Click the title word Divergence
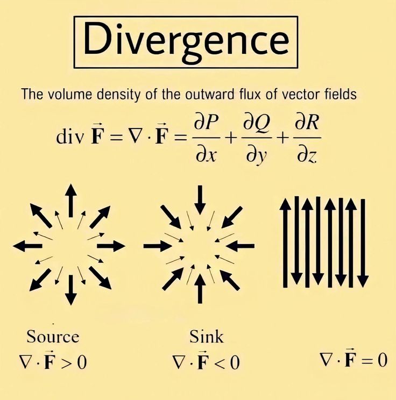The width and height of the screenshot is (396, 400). pos(186,41)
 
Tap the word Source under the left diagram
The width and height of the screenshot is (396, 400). pos(53,337)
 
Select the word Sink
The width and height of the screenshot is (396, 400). pos(207,337)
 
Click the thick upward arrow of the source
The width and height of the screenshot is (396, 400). pos(70,199)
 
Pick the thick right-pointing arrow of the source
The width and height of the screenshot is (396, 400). pos(111,246)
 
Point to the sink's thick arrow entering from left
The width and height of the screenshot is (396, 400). pos(157,246)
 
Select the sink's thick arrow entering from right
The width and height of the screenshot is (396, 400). pos(241,246)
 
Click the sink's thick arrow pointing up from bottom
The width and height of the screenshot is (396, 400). pos(200,289)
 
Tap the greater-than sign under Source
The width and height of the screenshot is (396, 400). pos(65,362)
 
